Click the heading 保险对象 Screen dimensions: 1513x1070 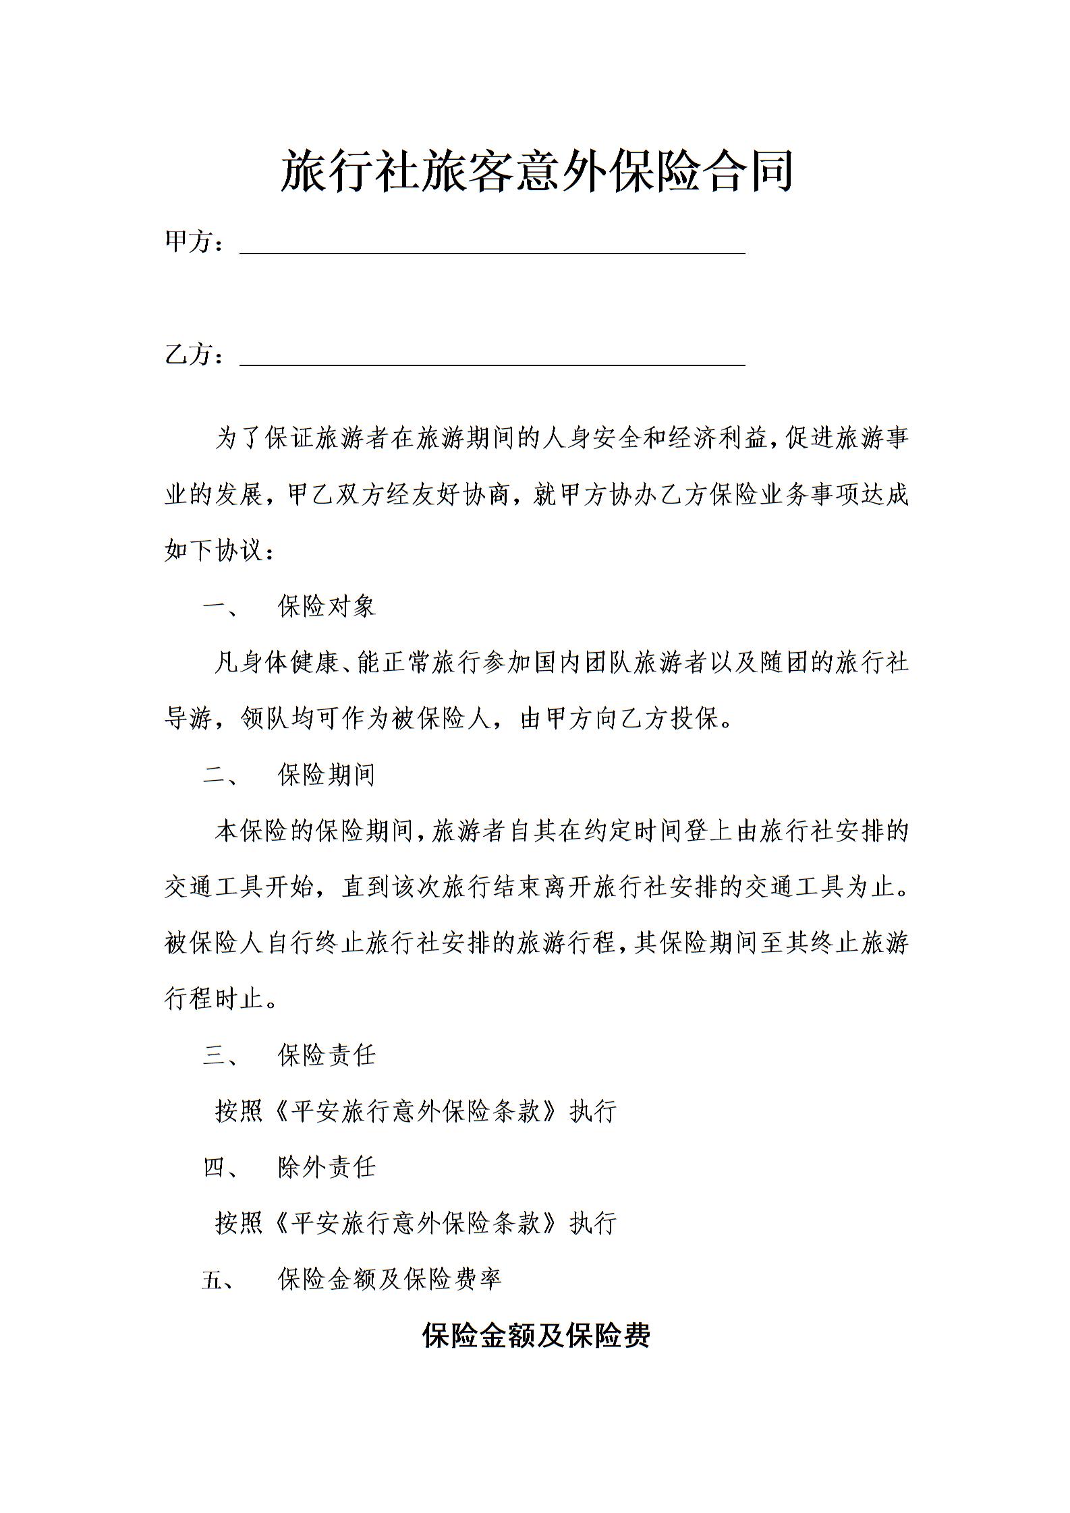(x=327, y=607)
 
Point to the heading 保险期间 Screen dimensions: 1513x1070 (x=327, y=775)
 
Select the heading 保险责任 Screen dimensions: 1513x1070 (x=327, y=1055)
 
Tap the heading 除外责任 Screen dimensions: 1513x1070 (x=327, y=1167)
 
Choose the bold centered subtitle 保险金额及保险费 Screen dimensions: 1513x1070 (x=536, y=1336)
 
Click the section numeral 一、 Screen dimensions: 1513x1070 (x=220, y=607)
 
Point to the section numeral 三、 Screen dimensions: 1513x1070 (x=220, y=1056)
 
